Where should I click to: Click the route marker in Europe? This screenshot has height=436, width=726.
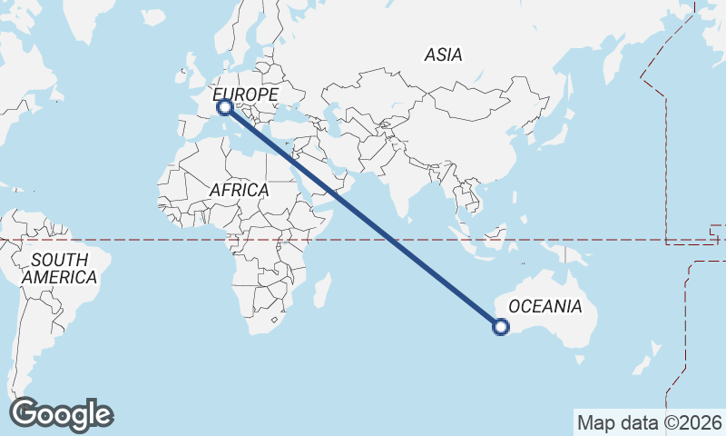[x=224, y=107]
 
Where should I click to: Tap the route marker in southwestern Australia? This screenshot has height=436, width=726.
[x=500, y=327]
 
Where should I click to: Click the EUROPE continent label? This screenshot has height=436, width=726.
[x=245, y=94]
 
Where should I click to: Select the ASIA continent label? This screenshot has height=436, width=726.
[x=443, y=54]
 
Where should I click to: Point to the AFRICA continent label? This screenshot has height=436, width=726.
[x=239, y=190]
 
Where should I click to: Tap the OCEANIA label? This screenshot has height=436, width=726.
[x=544, y=306]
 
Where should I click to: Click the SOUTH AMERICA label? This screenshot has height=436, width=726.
[x=60, y=269]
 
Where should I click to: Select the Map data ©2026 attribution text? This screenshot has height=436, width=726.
[x=650, y=422]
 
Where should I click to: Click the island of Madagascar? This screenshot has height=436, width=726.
[x=321, y=292]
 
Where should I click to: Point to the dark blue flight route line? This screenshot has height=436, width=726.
[x=363, y=218]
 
